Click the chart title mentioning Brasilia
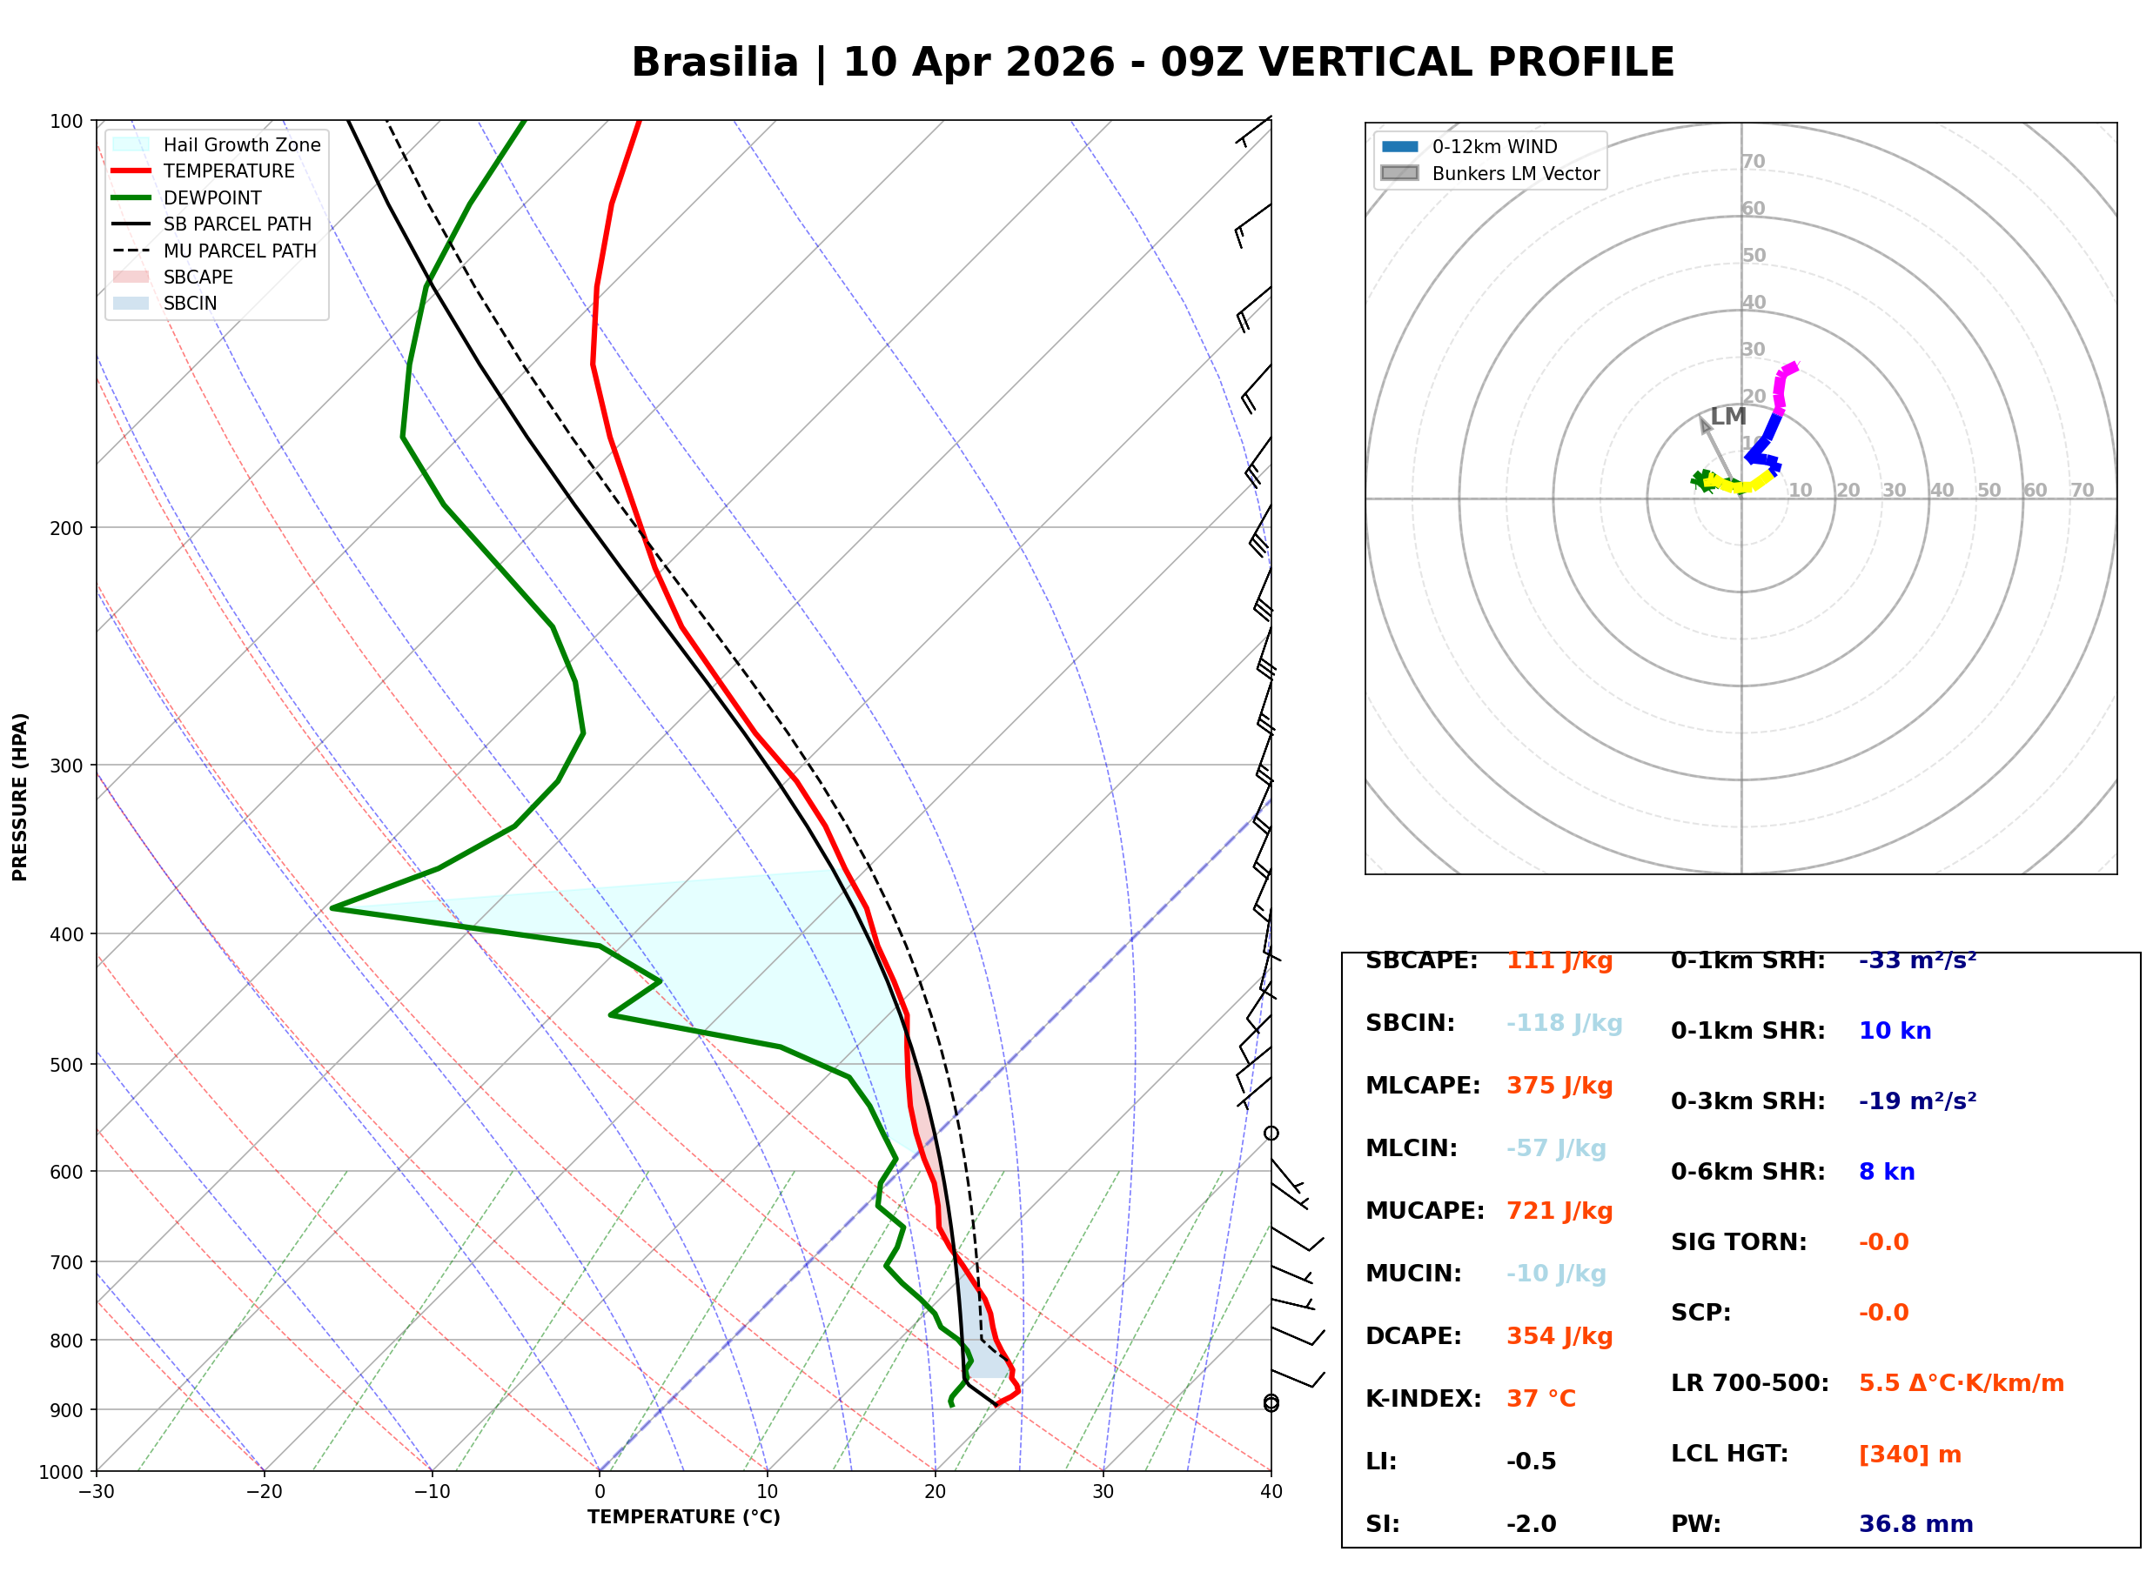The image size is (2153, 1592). point(1152,63)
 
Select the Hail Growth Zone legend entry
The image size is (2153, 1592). point(216,144)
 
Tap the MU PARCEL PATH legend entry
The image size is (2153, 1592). point(214,251)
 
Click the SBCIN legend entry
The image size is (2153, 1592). point(164,304)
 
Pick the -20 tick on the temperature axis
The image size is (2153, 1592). point(264,1492)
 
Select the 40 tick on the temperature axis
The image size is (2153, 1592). point(1271,1492)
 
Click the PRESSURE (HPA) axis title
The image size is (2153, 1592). point(20,797)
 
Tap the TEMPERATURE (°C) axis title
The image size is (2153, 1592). point(684,1517)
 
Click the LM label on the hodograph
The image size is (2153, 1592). point(1728,417)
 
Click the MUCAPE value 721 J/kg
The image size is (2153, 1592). point(1559,1210)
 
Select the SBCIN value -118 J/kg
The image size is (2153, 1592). point(1564,1022)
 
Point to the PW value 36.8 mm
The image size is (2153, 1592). point(1916,1523)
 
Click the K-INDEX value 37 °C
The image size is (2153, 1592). point(1541,1398)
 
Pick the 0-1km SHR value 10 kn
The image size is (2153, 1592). point(1895,1030)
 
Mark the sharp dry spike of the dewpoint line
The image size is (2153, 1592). point(332,907)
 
